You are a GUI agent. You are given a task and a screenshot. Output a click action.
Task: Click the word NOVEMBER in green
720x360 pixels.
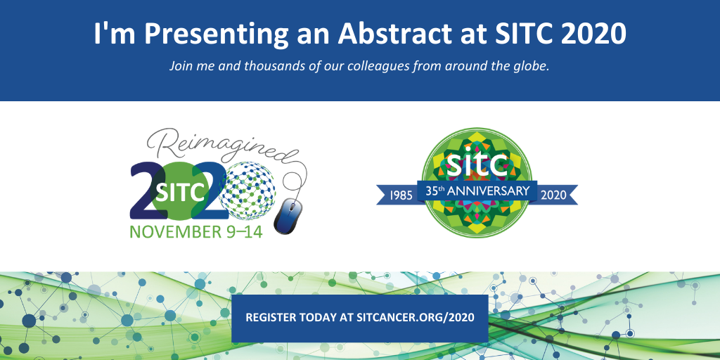point(174,231)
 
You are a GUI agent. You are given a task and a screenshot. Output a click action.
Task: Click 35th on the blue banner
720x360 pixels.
point(437,191)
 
